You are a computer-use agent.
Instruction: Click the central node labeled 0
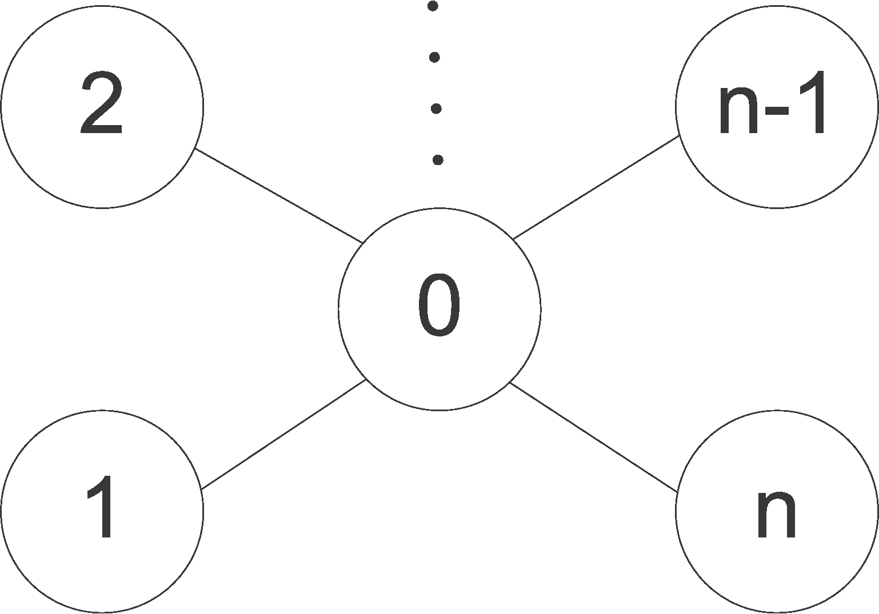439,309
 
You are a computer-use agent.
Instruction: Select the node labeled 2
102,107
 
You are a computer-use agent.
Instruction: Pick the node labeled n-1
776,107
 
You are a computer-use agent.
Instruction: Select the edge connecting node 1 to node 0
283,435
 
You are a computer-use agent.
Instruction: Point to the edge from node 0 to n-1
596,187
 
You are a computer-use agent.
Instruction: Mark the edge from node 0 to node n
593,438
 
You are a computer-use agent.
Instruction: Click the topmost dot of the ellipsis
433,6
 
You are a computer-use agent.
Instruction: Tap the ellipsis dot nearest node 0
438,160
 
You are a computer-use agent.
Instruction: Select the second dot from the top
434,57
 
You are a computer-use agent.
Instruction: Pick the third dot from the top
436,109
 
